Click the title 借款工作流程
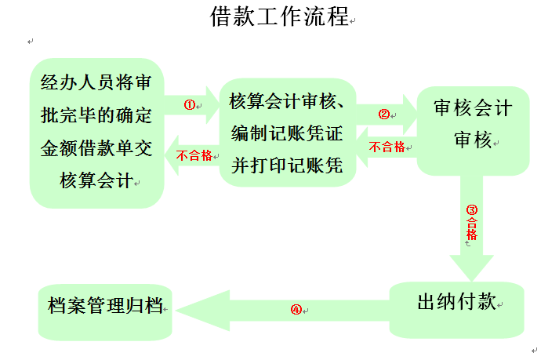tap(278, 16)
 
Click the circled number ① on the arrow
tap(188, 104)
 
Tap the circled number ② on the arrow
tap(383, 114)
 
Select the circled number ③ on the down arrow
tap(472, 209)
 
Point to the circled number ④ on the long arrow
tap(296, 309)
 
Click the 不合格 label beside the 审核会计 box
tap(387, 147)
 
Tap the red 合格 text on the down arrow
tap(472, 228)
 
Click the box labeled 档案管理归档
tap(105, 306)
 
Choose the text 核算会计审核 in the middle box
tap(283, 102)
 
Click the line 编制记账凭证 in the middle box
tap(287, 133)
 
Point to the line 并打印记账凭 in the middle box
tap(287, 165)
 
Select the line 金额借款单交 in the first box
tap(96, 147)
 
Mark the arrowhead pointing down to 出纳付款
tap(472, 267)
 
